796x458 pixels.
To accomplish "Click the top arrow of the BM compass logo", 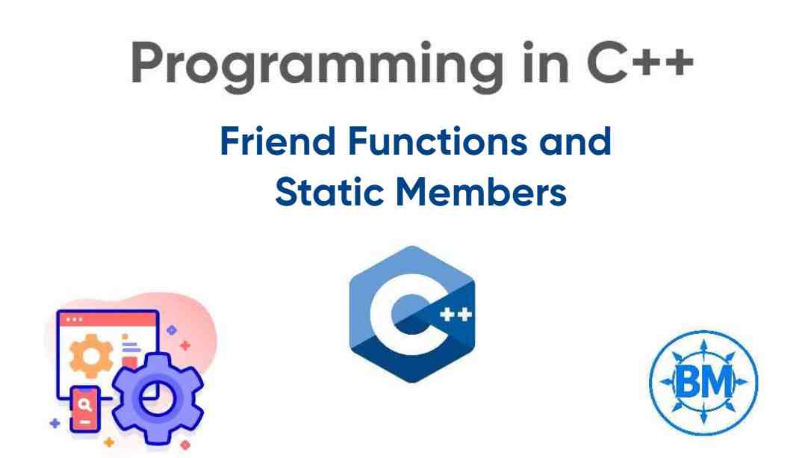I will (x=702, y=343).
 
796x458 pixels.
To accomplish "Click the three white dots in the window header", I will (x=75, y=320).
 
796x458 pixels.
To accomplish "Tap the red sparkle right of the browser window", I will (x=184, y=345).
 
